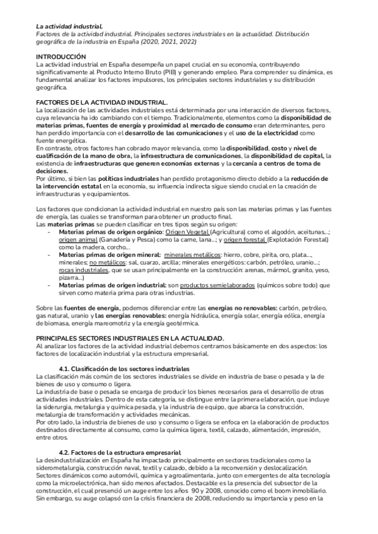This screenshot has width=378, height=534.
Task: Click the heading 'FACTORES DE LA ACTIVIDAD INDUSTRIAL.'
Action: point(101,102)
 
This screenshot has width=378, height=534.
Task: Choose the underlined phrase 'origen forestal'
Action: point(244,240)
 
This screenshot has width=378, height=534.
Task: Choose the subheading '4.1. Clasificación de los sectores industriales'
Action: point(123,368)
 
